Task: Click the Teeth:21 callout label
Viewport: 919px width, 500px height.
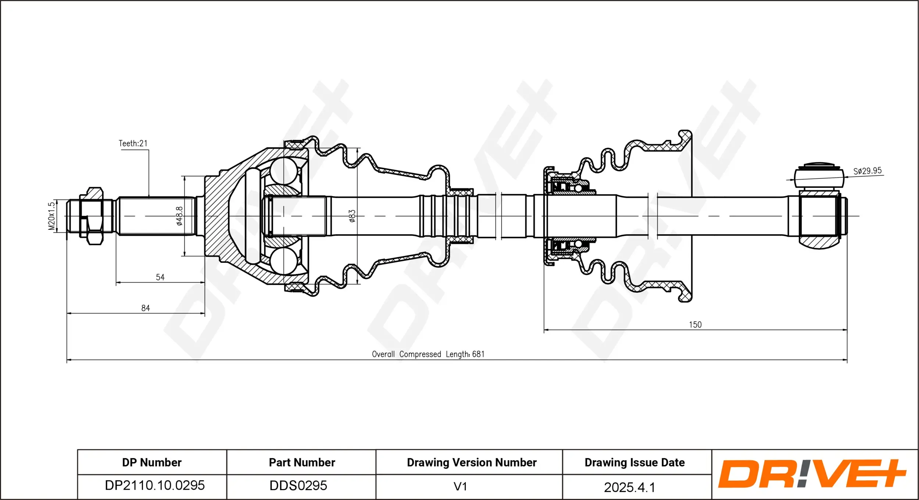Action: coord(133,144)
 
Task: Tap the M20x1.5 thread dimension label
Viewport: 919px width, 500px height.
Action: coord(51,216)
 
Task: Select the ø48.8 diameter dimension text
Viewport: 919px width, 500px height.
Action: coord(179,216)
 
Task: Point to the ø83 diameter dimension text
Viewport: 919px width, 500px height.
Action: coord(352,216)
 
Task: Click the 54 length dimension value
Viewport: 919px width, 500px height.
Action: coord(160,277)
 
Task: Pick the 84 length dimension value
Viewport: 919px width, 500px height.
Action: coord(146,308)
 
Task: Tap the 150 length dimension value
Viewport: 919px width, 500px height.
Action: coord(695,325)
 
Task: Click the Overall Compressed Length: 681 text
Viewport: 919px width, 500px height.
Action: coord(428,354)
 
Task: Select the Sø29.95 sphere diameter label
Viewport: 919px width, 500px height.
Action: coord(867,171)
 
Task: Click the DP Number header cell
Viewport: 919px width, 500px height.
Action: coord(152,463)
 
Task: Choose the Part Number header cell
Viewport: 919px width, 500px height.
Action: coord(302,463)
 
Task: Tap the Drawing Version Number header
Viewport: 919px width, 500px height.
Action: coord(472,463)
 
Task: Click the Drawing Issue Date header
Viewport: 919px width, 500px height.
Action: coord(634,463)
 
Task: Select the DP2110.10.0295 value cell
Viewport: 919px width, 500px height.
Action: coord(154,485)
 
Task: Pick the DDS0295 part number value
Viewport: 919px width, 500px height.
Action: coord(298,486)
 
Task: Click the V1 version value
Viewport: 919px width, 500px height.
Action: coord(460,486)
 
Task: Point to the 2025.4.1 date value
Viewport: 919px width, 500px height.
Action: coord(629,488)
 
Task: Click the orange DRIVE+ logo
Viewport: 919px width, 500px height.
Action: coord(812,474)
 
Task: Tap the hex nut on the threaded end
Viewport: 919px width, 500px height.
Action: coord(94,216)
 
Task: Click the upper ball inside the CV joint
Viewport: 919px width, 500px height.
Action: coord(284,171)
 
